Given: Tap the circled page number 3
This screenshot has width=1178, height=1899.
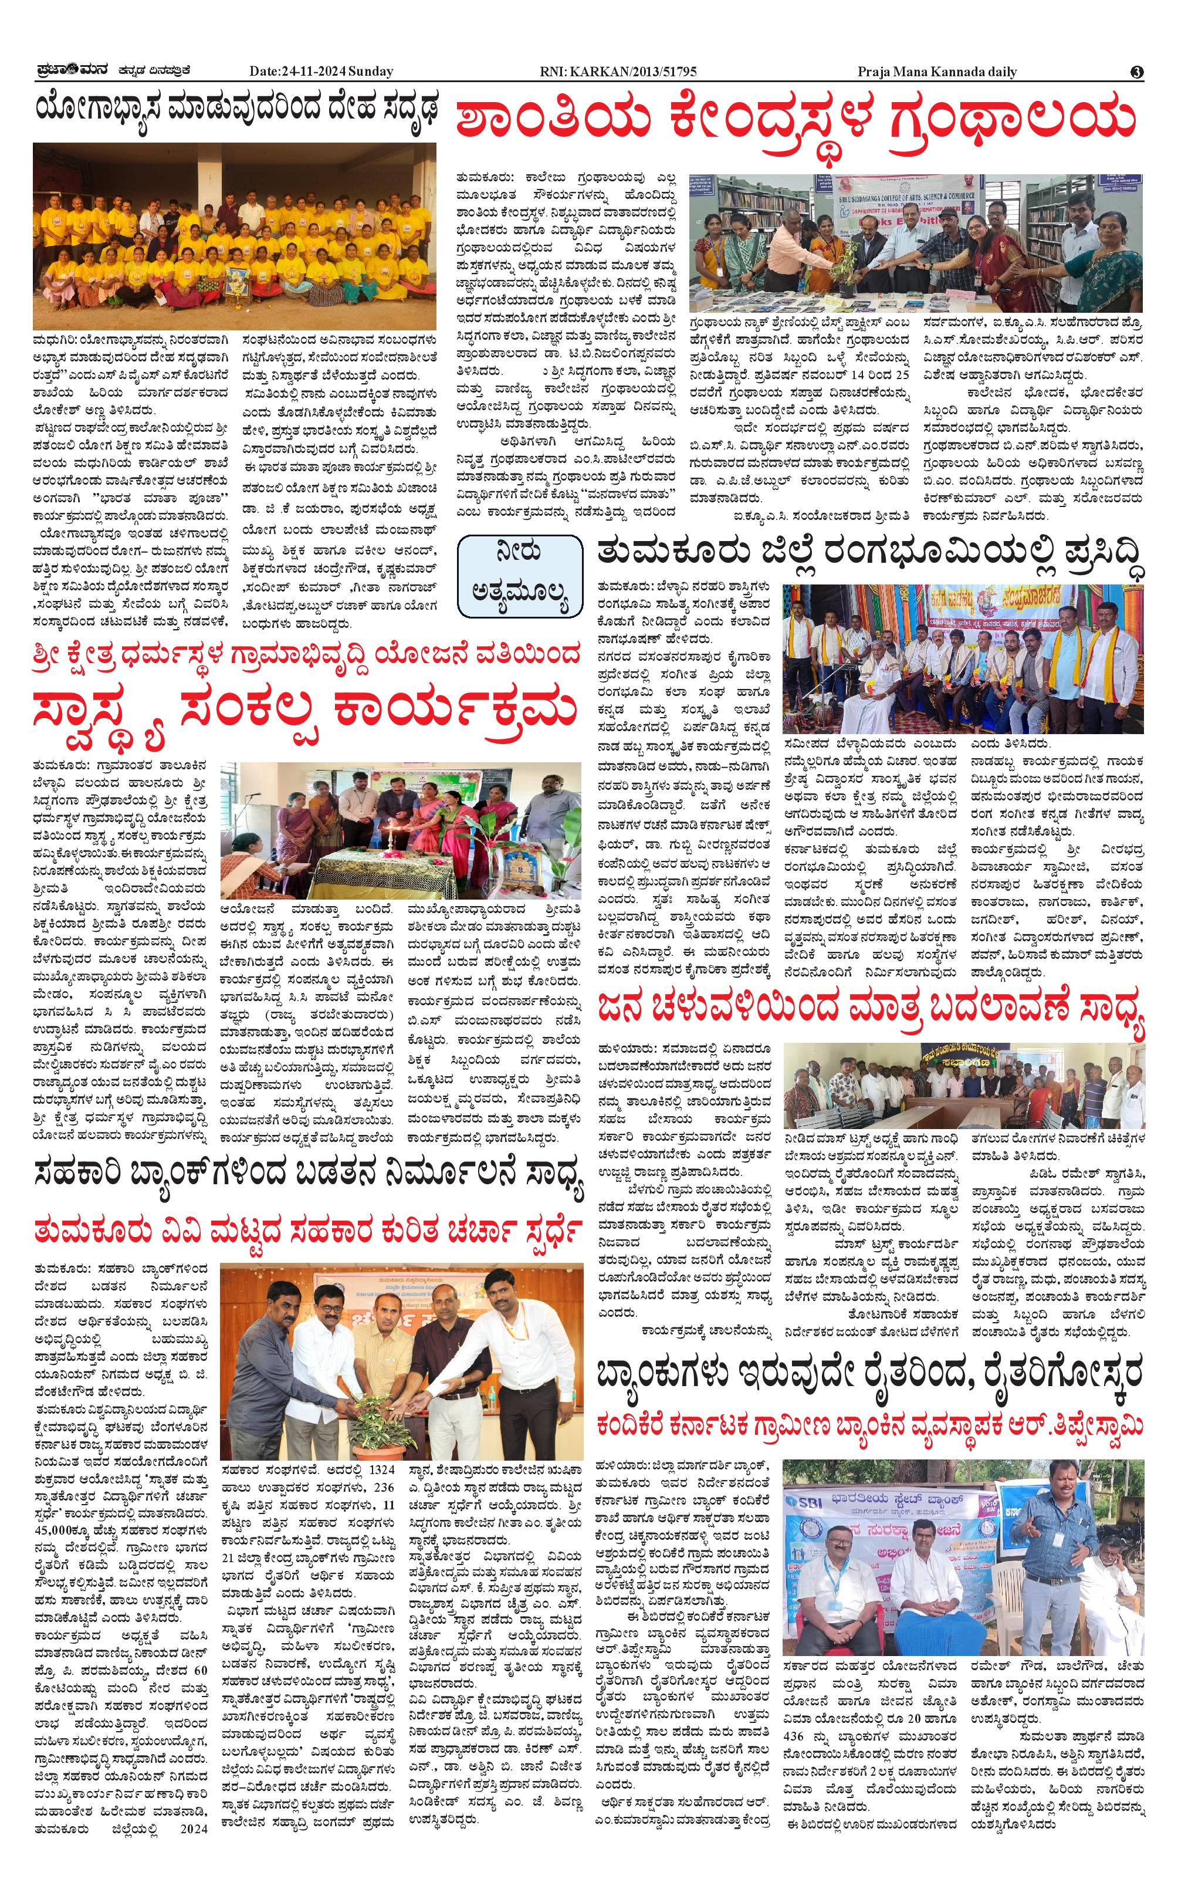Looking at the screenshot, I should [1137, 72].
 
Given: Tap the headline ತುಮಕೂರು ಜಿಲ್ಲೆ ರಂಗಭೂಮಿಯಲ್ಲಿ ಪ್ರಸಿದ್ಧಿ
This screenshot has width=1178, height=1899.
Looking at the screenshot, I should [871, 554].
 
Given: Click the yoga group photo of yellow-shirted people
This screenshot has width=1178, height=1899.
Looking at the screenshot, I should [235, 235].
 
